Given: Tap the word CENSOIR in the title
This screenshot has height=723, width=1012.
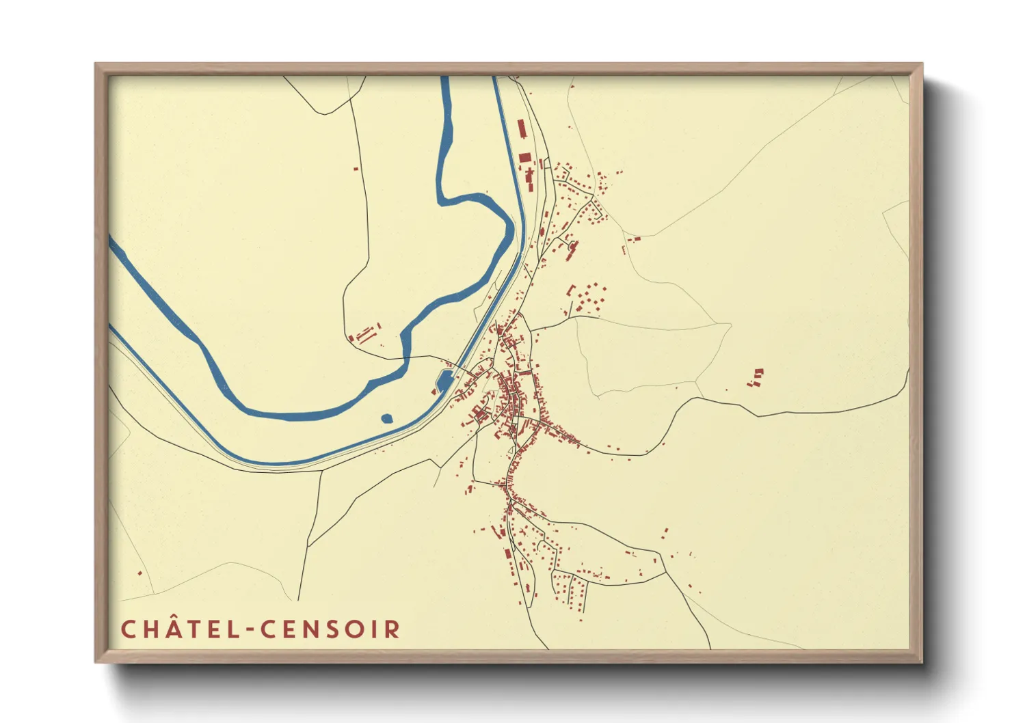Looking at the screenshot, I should [x=330, y=629].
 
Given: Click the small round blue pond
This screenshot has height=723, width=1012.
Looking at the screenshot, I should [x=386, y=418].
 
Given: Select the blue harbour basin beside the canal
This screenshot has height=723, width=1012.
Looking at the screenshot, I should [x=444, y=380].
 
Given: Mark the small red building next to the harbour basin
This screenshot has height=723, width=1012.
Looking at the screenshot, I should [x=434, y=392].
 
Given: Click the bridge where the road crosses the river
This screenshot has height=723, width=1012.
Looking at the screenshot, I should [x=405, y=357].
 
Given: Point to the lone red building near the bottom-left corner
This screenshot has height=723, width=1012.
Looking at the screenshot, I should [x=140, y=573].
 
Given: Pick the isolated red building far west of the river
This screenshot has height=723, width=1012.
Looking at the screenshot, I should [x=356, y=168].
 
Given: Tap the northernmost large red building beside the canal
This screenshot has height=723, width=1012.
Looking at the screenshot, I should [x=521, y=128].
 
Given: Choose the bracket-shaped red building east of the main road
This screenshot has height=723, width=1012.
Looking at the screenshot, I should [x=571, y=290].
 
